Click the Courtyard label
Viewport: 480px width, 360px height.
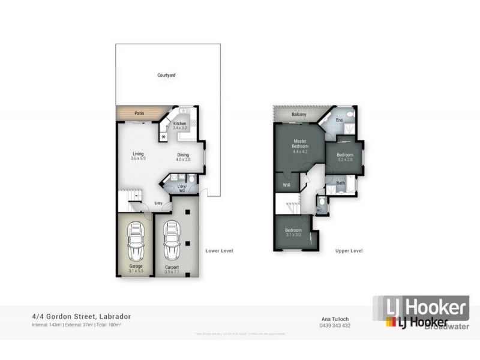[x=166, y=75]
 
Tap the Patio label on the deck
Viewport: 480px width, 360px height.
[x=139, y=113]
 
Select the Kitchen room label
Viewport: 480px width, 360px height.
[x=180, y=124]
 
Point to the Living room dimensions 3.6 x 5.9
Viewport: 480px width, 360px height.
[x=139, y=158]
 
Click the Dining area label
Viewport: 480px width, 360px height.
[x=183, y=155]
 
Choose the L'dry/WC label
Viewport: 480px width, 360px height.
[x=182, y=188]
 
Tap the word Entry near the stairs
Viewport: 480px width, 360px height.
[x=158, y=203]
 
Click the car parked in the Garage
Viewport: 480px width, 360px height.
[x=137, y=238]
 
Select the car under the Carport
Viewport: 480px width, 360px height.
[x=172, y=238]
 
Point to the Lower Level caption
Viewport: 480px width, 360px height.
[x=219, y=250]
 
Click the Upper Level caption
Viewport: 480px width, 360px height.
[x=349, y=250]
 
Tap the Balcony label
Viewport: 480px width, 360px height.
[x=299, y=115]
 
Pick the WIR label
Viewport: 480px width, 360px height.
[x=286, y=186]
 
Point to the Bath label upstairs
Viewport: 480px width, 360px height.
[x=340, y=183]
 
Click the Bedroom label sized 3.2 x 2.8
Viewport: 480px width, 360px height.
[x=344, y=155]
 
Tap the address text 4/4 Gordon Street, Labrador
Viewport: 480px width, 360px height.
[x=81, y=316]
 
